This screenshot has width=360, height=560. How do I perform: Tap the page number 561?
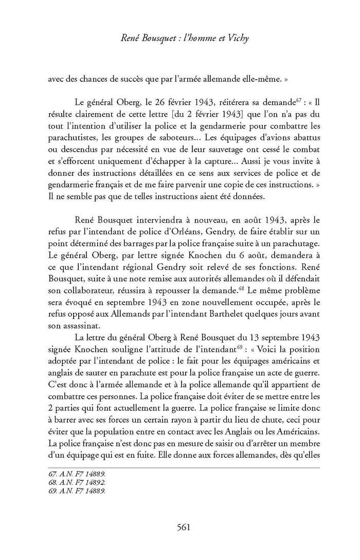pos(184,527)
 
